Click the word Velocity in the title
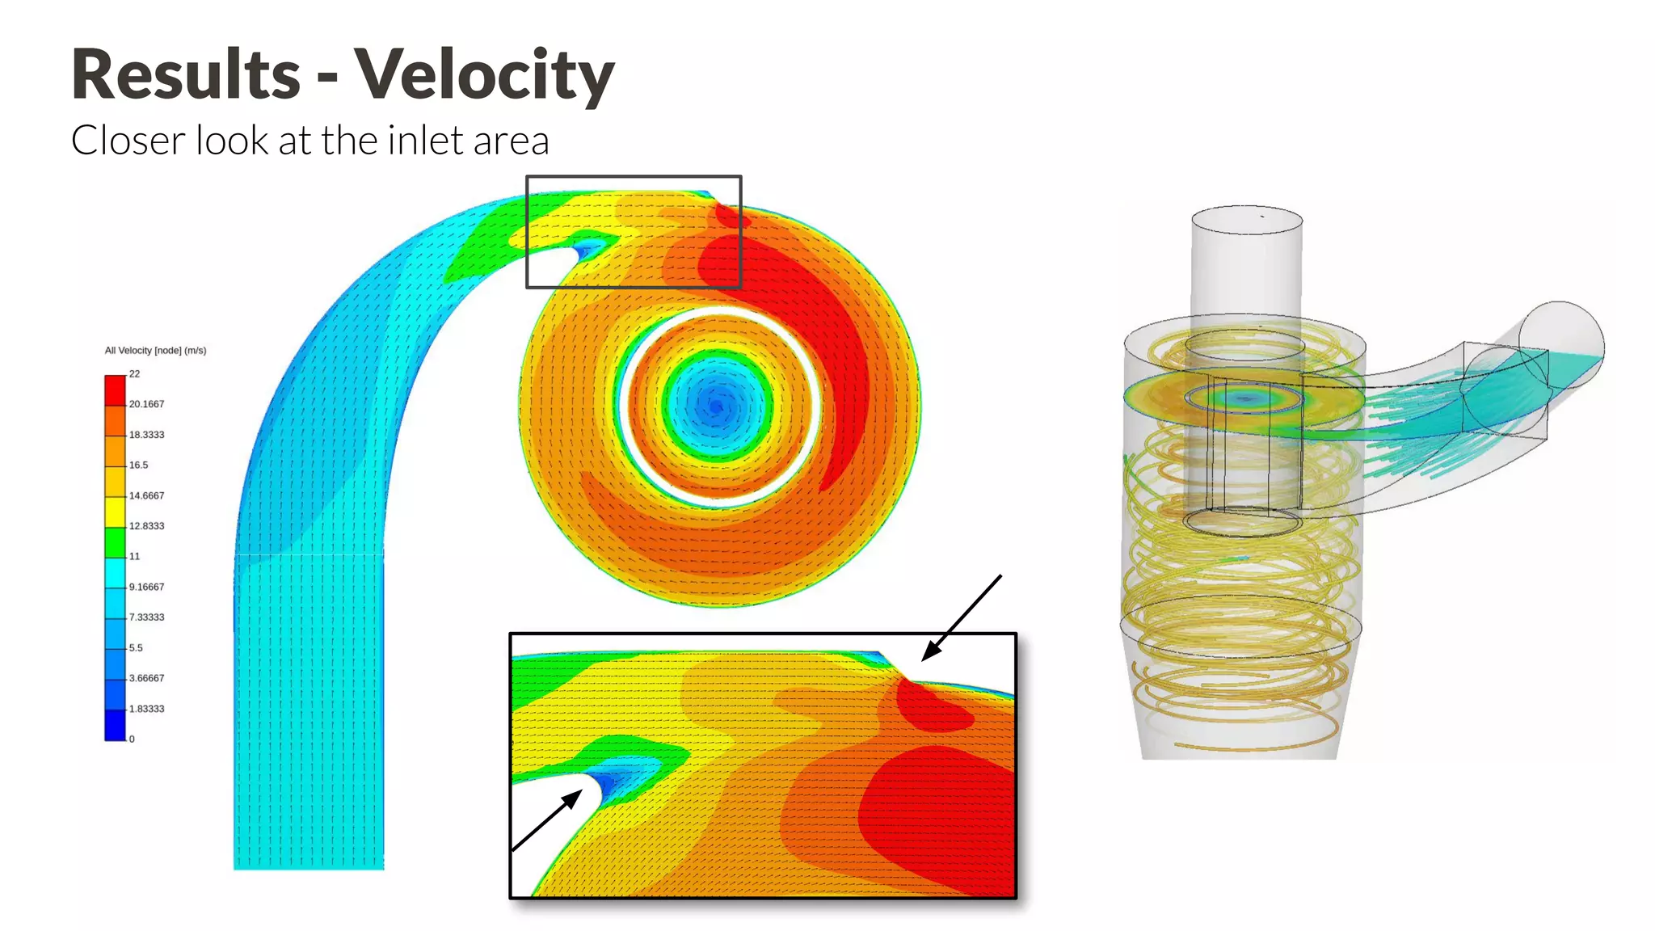484,74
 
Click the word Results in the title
186,74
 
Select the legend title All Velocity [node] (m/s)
155,351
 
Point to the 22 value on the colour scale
134,374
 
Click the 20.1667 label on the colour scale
146,404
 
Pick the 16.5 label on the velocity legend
138,465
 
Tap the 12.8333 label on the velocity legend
146,526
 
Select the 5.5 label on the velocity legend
136,648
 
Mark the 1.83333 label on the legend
146,709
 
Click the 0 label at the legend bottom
132,739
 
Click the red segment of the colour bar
115,390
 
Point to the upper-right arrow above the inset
962,617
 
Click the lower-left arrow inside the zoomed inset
547,821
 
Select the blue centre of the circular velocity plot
715,406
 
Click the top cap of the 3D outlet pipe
1247,219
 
